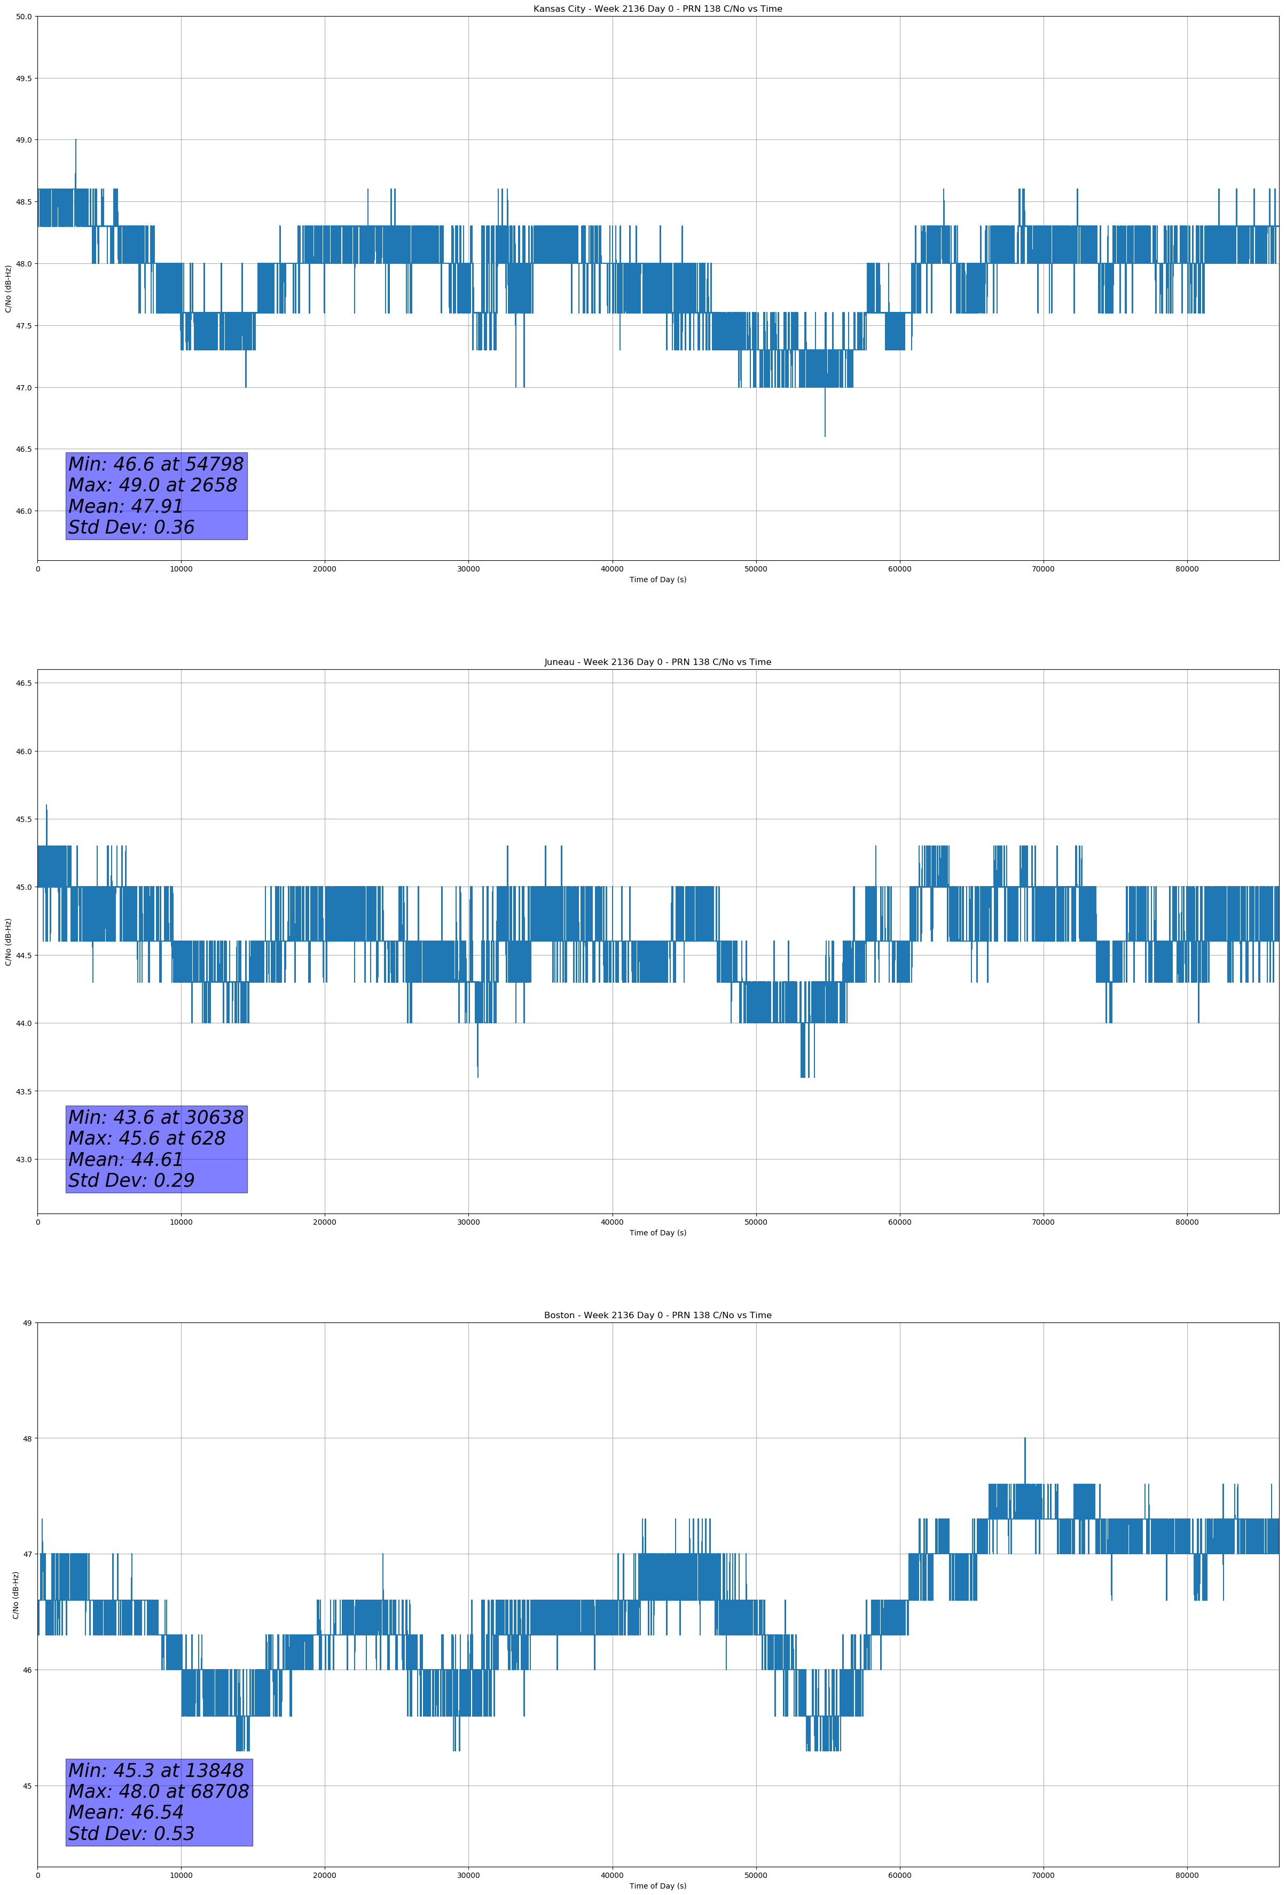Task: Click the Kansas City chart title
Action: click(657, 9)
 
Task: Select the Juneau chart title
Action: click(657, 662)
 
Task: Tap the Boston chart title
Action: click(657, 1315)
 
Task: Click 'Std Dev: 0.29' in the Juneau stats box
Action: click(131, 1180)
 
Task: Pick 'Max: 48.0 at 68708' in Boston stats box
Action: click(158, 1791)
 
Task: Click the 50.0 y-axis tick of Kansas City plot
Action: click(23, 17)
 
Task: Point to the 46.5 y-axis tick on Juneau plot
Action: click(23, 683)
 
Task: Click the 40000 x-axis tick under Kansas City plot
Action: click(611, 569)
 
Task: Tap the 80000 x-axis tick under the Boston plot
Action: click(1187, 1875)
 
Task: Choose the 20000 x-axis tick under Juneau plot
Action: click(325, 1222)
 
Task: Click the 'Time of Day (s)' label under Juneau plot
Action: click(657, 1233)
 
